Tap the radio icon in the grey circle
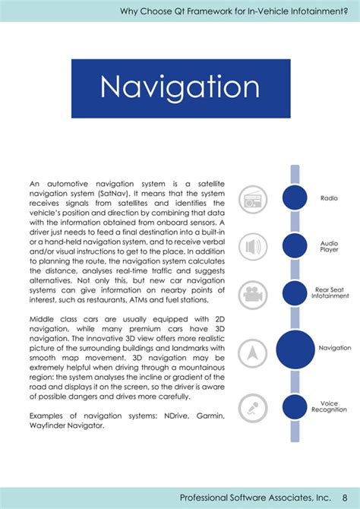pos(253,199)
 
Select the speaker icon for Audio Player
pos(253,247)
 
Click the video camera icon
pos(253,294)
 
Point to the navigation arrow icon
pos(253,353)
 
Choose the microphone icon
pos(253,408)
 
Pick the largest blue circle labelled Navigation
pos(295,349)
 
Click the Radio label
pos(329,198)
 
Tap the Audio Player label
pos(329,245)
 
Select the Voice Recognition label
pos(330,406)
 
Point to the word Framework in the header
pos(210,11)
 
